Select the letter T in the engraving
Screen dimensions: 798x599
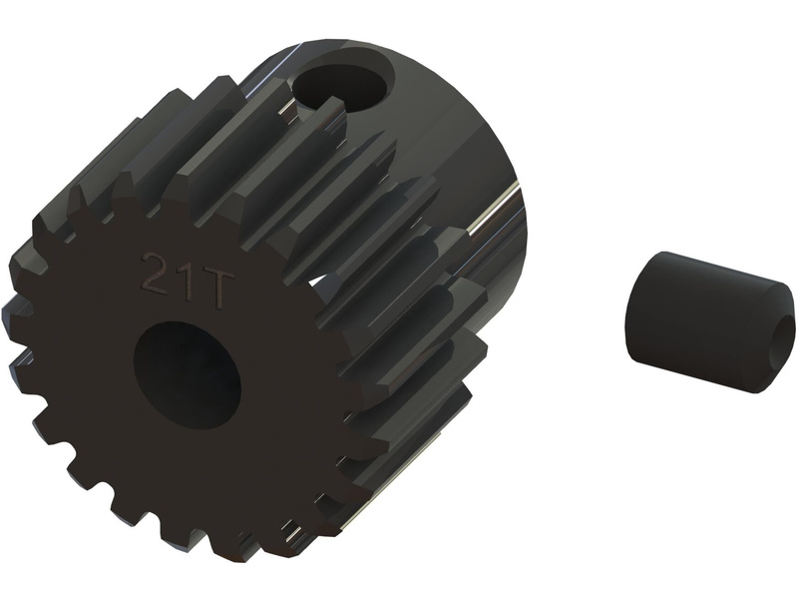click(215, 289)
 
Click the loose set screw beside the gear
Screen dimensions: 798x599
click(709, 321)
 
